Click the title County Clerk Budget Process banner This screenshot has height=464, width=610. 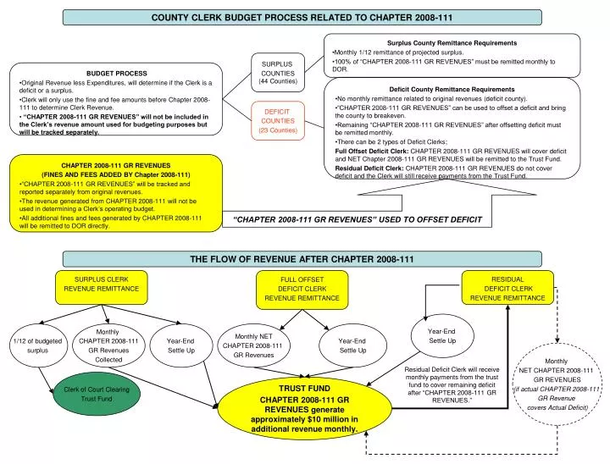[x=302, y=17]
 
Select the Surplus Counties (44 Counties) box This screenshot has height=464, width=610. [x=276, y=71]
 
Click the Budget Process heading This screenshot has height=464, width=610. [x=116, y=75]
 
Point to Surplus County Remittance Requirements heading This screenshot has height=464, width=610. [x=452, y=42]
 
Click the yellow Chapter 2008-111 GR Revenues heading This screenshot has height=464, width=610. [x=116, y=165]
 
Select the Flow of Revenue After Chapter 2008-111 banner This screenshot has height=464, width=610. [x=302, y=258]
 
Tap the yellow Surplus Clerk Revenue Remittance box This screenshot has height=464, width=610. [x=101, y=284]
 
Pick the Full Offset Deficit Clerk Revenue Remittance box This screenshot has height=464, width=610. [x=302, y=288]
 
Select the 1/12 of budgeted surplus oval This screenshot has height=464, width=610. [x=37, y=345]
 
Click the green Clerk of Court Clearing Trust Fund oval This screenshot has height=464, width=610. [x=96, y=394]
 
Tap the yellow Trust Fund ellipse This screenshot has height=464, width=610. [x=303, y=407]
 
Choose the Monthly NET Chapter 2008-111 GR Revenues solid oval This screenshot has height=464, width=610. [x=252, y=345]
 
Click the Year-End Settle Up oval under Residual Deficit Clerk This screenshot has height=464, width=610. [x=441, y=335]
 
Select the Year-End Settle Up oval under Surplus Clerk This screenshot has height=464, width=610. [x=180, y=345]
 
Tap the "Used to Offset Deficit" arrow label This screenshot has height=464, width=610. [x=357, y=219]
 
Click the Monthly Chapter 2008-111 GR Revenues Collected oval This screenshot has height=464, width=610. [x=108, y=345]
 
